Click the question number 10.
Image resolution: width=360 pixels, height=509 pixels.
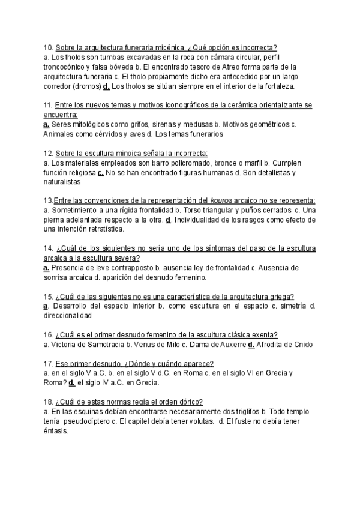coord(49,47)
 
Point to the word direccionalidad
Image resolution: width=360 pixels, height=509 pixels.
coord(68,316)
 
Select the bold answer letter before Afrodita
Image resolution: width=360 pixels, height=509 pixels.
coord(251,345)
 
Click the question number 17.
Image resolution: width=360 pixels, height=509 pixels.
coord(49,363)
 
